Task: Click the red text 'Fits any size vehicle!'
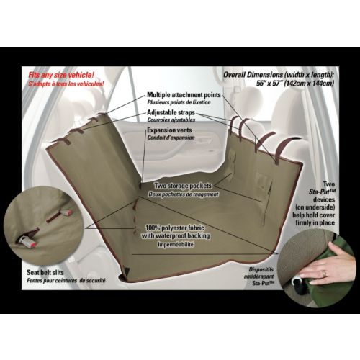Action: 61,75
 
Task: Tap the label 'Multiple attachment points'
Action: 184,95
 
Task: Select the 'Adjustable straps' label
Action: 171,112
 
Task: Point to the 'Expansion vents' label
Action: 169,130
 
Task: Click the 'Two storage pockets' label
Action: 183,186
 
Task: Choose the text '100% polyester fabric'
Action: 175,228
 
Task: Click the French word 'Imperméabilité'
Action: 176,244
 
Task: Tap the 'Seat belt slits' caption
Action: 45,272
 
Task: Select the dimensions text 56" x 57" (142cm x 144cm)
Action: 295,84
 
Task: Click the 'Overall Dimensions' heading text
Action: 253,75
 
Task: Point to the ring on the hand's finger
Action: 324,274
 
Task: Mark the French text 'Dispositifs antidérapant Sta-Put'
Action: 259,276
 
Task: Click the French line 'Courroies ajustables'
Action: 171,120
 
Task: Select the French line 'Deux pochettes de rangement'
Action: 183,194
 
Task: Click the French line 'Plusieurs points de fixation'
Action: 179,102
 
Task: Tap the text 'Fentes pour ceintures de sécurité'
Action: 66,280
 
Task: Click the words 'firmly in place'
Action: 315,222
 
